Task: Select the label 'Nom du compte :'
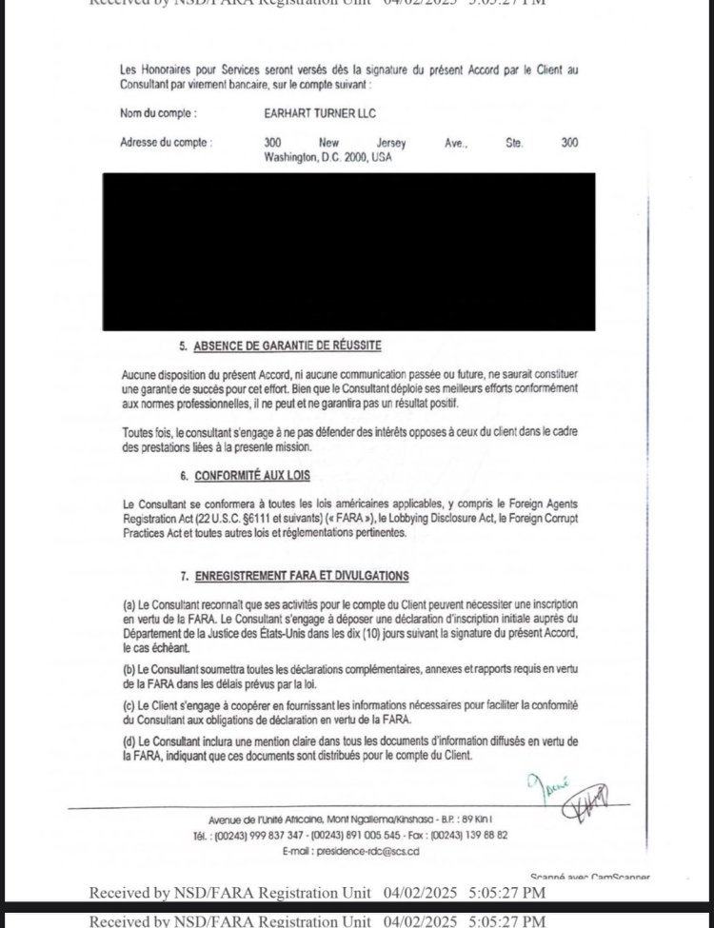[x=158, y=113]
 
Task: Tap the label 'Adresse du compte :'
[x=166, y=143]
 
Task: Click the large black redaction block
[x=348, y=251]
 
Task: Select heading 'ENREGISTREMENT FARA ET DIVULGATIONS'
[x=301, y=576]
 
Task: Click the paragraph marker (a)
[x=129, y=605]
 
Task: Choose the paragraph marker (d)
[x=129, y=740]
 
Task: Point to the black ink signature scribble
[x=587, y=802]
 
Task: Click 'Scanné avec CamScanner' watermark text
[x=589, y=876]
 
